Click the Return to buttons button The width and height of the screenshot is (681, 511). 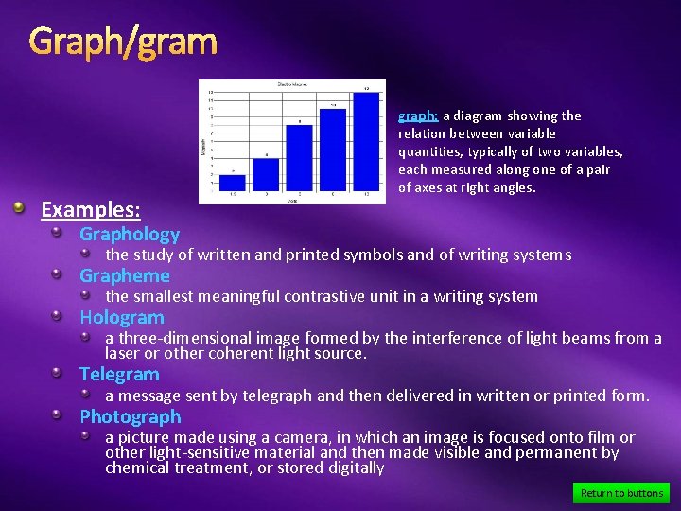(620, 492)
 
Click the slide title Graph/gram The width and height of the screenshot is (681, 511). (123, 42)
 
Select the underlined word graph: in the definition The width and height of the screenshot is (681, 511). (417, 115)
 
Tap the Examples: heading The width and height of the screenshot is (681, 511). (91, 209)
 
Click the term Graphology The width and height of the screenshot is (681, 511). (130, 234)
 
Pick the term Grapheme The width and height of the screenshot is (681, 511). (125, 275)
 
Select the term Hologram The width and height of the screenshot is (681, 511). (122, 317)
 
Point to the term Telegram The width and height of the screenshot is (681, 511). (119, 374)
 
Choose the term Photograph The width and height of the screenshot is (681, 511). (131, 416)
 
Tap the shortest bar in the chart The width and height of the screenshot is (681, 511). (233, 182)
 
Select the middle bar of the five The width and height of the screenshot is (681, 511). (299, 157)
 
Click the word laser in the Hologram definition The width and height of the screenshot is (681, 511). (124, 353)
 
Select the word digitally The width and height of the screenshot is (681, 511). (354, 467)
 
